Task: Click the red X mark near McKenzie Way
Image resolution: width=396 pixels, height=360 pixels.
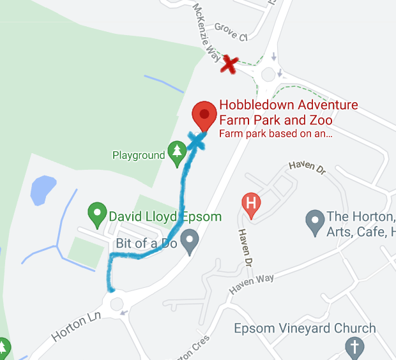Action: [x=230, y=64]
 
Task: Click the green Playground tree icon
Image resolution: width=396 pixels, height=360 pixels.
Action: [x=176, y=151]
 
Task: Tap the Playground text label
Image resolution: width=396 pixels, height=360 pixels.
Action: [x=139, y=155]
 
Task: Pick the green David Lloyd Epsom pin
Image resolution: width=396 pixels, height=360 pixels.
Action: [x=97, y=214]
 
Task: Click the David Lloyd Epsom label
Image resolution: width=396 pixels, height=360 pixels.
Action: [x=165, y=217]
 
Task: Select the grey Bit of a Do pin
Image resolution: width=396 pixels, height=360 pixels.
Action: [x=189, y=242]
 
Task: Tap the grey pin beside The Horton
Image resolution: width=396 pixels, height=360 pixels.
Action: [x=314, y=222]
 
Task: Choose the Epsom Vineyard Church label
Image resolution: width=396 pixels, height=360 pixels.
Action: [x=305, y=329]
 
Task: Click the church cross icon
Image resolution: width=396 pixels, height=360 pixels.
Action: [x=354, y=347]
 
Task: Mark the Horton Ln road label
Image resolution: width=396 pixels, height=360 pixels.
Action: [x=76, y=326]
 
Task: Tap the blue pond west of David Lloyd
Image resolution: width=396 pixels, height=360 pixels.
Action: [x=42, y=190]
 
